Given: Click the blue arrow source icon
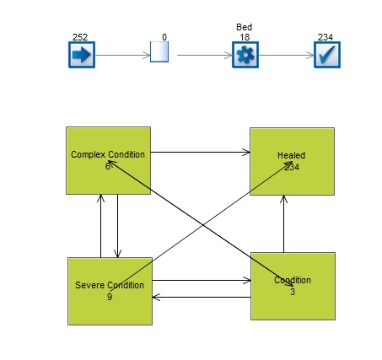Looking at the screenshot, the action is [x=82, y=55].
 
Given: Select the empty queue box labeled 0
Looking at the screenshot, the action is [x=159, y=51].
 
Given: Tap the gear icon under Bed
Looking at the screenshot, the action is [x=245, y=55].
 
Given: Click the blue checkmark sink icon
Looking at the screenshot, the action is [x=327, y=55].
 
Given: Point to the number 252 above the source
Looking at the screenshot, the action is [x=80, y=37].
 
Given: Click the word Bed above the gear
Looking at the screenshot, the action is [x=244, y=27].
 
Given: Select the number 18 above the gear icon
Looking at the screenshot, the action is [x=245, y=37].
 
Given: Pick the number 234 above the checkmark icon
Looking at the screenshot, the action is [x=326, y=37].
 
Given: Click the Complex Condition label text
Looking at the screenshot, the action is [x=108, y=154].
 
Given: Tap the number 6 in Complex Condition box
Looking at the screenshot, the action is [x=108, y=166].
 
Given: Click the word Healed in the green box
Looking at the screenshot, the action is [x=292, y=155].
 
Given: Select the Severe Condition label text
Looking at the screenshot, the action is [x=110, y=285].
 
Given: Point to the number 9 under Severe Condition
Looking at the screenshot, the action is [x=110, y=297].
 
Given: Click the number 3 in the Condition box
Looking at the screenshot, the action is [x=293, y=292].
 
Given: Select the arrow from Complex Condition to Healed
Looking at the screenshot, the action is [x=201, y=153].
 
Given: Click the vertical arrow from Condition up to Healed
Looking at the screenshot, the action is [x=284, y=224].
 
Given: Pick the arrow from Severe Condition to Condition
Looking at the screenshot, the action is [x=202, y=280].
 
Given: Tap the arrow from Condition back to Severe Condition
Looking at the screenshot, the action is [x=202, y=297].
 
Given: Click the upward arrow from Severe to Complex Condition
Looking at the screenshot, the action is [x=101, y=226].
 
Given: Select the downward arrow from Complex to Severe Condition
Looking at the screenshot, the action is [x=117, y=226].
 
